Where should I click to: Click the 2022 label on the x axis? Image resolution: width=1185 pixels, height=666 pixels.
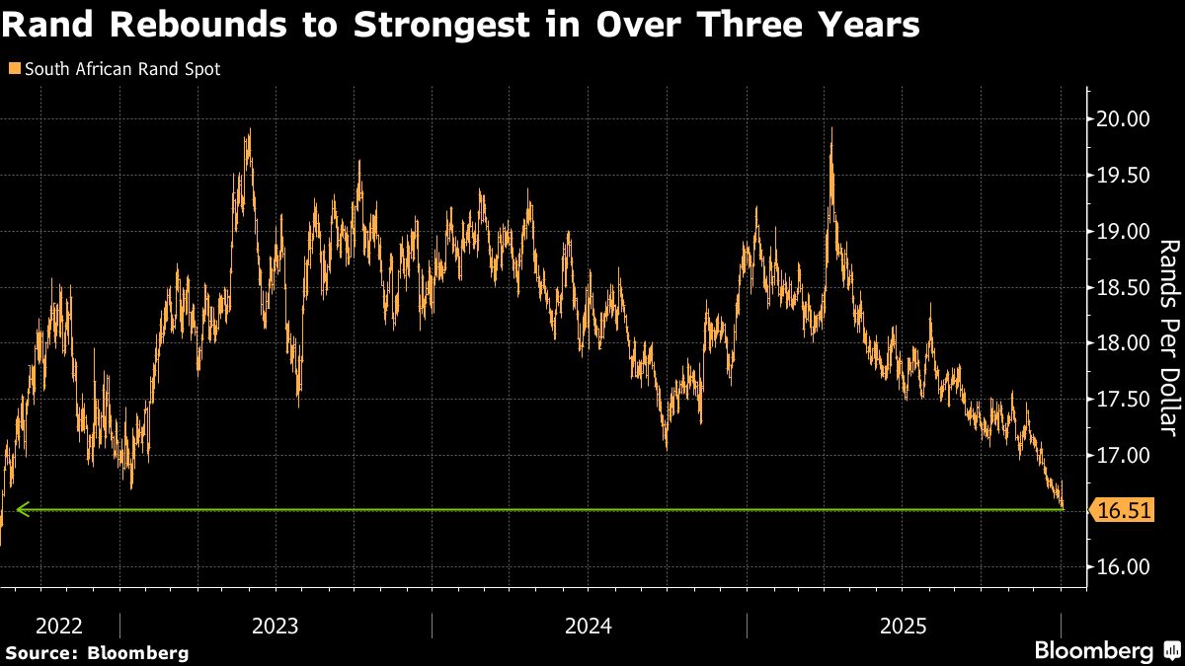pyautogui.click(x=58, y=626)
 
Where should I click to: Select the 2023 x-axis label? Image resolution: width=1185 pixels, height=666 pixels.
pyautogui.click(x=276, y=626)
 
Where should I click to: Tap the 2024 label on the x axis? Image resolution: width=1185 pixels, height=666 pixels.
pyautogui.click(x=589, y=626)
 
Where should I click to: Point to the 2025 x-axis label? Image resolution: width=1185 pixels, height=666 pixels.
pyautogui.click(x=903, y=626)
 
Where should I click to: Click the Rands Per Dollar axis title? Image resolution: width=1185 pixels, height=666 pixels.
pyautogui.click(x=1167, y=335)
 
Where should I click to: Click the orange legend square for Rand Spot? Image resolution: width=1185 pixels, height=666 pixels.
pyautogui.click(x=13, y=70)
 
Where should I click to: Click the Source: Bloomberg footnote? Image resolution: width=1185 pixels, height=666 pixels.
pyautogui.click(x=96, y=652)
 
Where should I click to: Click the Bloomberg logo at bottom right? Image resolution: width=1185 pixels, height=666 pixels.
pyautogui.click(x=1094, y=650)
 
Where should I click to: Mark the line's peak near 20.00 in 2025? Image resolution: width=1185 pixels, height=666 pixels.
pyautogui.click(x=832, y=129)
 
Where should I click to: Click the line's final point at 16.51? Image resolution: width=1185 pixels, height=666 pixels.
pyautogui.click(x=1062, y=508)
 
